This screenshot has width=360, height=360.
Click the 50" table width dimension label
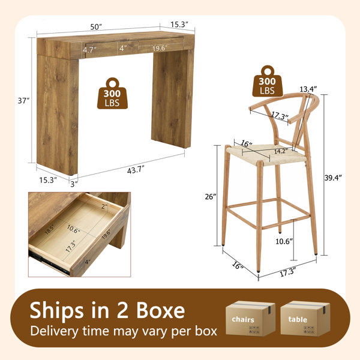[96, 27]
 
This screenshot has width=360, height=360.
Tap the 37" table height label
[23, 101]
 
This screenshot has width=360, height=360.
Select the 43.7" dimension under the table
[136, 170]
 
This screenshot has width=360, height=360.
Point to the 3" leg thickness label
[74, 184]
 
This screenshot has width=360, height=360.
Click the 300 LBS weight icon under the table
[112, 94]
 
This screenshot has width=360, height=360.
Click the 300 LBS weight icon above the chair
[268, 81]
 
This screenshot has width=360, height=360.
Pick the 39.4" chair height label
[333, 178]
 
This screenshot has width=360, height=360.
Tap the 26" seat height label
[211, 197]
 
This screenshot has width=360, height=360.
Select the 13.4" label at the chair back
[308, 89]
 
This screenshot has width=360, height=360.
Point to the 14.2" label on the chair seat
[281, 151]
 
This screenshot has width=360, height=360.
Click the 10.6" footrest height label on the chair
[284, 241]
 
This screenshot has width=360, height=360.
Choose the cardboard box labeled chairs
[250, 319]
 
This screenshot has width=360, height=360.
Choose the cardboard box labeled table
[305, 319]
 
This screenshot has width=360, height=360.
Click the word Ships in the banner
[57, 311]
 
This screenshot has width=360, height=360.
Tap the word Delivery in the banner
[55, 331]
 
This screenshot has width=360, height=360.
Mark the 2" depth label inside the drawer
[104, 206]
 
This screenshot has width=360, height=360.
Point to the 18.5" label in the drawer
[49, 229]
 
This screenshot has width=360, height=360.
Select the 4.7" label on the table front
[89, 50]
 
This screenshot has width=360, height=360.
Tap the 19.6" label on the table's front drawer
[160, 48]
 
